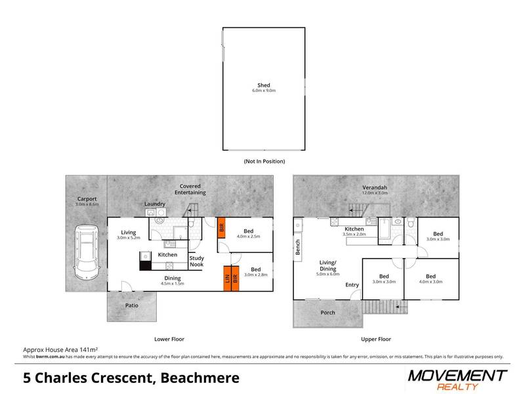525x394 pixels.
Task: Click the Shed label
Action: click(264, 87)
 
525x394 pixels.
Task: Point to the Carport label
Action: click(86, 199)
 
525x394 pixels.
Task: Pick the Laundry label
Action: click(155, 204)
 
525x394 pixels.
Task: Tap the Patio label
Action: click(132, 305)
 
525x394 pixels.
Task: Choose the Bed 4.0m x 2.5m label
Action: click(247, 234)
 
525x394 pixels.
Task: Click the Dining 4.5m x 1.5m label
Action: click(173, 280)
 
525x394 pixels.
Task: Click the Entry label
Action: click(352, 284)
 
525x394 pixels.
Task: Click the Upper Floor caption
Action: click(377, 339)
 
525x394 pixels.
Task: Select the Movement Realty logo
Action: click(457, 379)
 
